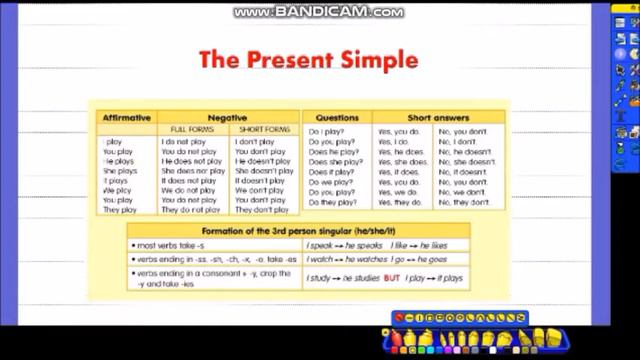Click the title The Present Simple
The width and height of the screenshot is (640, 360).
[x=308, y=59]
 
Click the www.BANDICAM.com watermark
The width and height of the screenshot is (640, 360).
[x=319, y=12]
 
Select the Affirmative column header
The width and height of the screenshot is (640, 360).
[x=127, y=118]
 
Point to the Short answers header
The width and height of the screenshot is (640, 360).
[x=438, y=118]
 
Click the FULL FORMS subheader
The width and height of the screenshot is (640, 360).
[x=192, y=129]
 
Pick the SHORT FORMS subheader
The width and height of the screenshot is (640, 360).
[x=264, y=129]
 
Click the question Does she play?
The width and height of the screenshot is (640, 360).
[x=336, y=162]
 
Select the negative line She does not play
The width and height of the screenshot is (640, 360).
[x=193, y=171]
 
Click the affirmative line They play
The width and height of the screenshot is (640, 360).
[x=120, y=210]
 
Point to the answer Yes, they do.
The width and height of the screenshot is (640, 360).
[x=400, y=202]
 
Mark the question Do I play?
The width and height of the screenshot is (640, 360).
[x=326, y=132]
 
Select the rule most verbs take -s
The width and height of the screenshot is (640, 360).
[x=171, y=245]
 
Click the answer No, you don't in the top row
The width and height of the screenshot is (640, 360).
[x=462, y=132]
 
